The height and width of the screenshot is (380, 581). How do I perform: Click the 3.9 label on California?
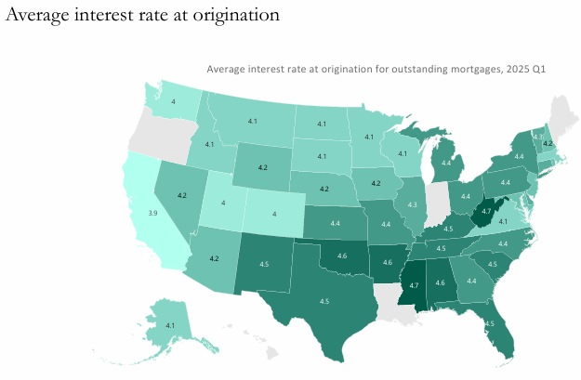[x=152, y=213]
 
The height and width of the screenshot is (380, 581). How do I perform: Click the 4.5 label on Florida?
[x=489, y=323]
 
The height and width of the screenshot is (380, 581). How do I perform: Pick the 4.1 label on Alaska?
[x=170, y=325]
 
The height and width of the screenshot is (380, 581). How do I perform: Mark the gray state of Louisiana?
[x=389, y=295]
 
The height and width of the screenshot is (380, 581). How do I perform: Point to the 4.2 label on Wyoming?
[x=262, y=167]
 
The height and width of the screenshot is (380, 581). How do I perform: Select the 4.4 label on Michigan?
[x=447, y=163]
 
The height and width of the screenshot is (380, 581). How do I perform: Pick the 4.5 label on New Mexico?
[x=264, y=264]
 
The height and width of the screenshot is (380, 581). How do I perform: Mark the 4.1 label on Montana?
[x=254, y=122]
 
